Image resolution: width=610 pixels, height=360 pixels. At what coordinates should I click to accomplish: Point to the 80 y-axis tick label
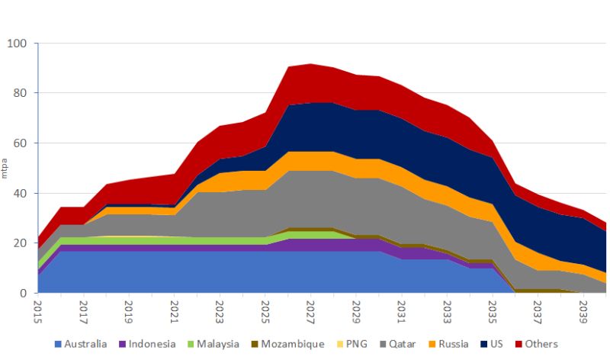19,94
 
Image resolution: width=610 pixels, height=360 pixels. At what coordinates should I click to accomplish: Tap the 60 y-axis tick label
19,143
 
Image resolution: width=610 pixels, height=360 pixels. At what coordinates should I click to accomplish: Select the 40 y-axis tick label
19,194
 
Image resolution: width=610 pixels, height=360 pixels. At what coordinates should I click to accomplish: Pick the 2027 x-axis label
311,311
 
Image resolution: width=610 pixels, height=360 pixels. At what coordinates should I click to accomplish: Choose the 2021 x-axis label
175,311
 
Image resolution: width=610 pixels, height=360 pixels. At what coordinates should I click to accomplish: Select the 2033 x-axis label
448,311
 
